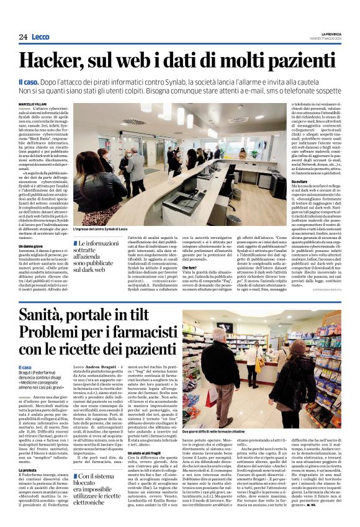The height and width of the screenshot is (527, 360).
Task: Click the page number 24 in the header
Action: point(23,37)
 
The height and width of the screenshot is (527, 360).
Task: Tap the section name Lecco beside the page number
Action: point(42,37)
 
